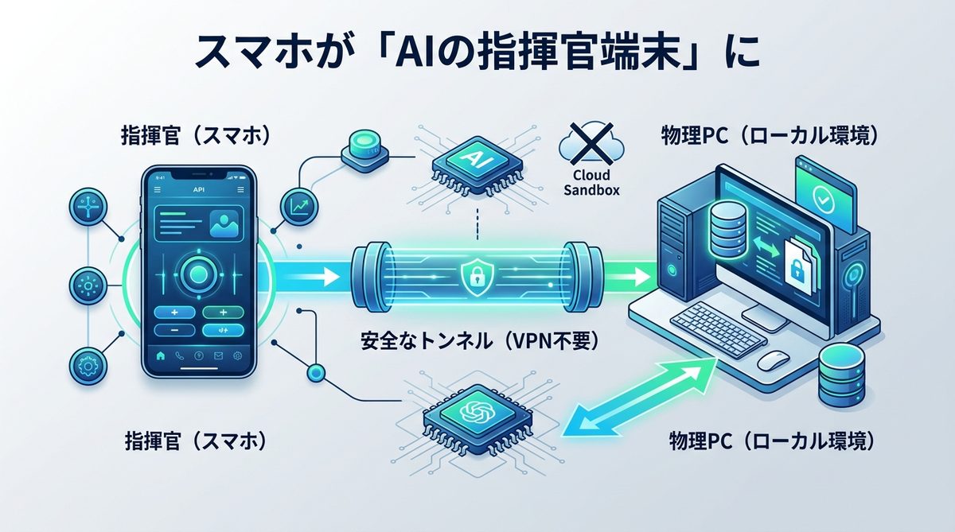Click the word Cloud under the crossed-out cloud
(591, 174)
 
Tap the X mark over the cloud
(591, 142)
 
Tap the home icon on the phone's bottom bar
(161, 356)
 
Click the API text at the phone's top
(198, 190)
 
